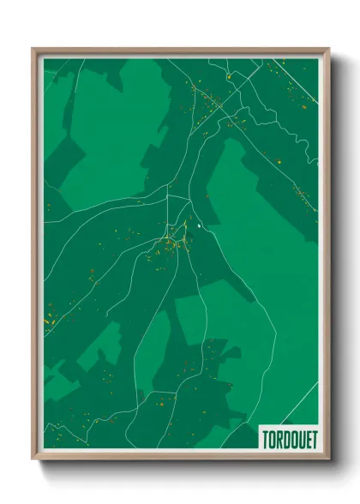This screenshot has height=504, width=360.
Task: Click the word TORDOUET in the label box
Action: (289, 438)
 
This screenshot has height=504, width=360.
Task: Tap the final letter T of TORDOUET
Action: (313, 438)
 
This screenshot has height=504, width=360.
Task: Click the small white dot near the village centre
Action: (199, 225)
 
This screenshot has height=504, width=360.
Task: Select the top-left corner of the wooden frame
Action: (33, 49)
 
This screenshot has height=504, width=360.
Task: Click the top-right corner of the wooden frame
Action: (329, 49)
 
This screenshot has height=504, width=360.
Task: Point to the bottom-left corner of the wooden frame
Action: (33, 460)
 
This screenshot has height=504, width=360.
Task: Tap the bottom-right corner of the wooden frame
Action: (329, 460)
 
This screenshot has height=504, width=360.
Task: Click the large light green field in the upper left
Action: (111, 129)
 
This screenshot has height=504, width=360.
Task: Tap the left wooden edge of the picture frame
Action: (35, 257)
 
